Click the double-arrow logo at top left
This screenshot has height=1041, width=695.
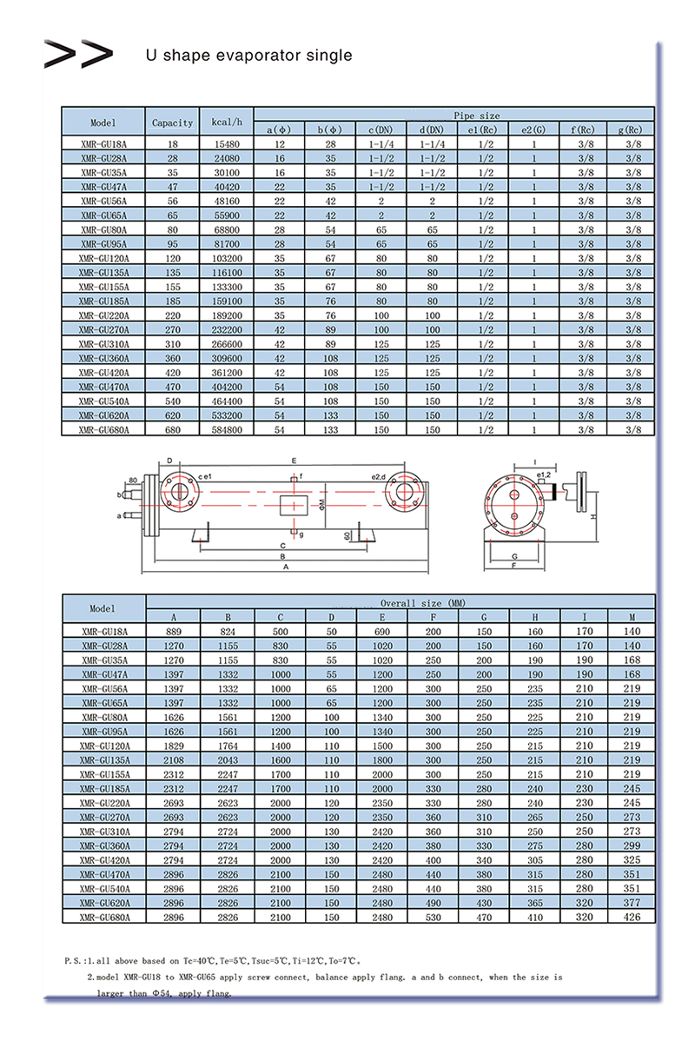[x=78, y=54]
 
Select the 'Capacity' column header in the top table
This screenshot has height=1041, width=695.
[x=172, y=123]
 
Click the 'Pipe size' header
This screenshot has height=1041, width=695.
[x=477, y=115]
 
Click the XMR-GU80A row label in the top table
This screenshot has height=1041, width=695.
[x=103, y=229]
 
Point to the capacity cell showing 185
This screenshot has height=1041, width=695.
[x=172, y=301]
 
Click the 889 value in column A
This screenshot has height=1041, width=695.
[x=173, y=632]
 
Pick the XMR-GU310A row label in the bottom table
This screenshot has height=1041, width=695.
[x=103, y=832]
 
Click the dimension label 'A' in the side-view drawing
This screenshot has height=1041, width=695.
[x=284, y=567]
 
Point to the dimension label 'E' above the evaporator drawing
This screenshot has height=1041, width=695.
[x=295, y=460]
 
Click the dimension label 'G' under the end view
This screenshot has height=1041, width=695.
[x=515, y=554]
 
